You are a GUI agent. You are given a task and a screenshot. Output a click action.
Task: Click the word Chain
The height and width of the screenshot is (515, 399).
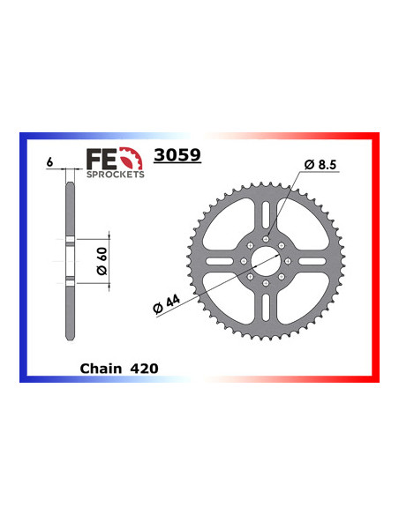(x=99, y=368)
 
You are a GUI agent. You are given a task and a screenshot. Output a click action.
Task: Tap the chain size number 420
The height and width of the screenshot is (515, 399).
(x=144, y=368)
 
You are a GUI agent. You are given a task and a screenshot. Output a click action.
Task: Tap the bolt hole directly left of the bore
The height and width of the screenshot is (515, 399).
(x=243, y=262)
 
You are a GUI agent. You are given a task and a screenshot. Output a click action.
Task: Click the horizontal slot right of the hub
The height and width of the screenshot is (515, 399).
(x=309, y=262)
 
